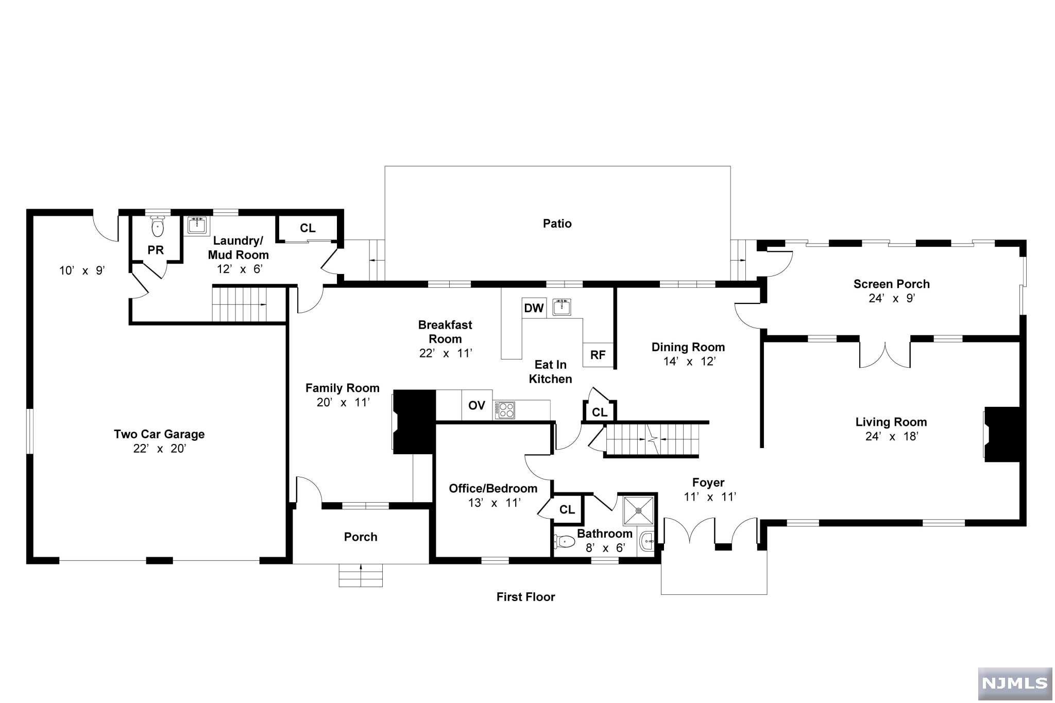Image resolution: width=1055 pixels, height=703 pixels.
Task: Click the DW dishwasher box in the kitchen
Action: pos(534,308)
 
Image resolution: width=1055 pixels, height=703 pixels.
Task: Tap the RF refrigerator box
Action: pos(598,355)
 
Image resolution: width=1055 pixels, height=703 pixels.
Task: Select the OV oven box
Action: pos(477,405)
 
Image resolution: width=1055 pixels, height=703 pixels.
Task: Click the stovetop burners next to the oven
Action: pos(504,410)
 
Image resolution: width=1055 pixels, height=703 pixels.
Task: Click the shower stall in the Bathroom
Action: pos(638,510)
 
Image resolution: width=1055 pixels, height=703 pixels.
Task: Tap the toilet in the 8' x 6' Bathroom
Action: pos(565,541)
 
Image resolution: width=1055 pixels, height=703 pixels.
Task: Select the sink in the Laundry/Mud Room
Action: pos(196,225)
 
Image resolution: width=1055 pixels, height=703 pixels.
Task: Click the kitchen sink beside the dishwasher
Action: pos(561,307)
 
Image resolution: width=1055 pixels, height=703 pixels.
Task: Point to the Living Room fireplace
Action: pos(1001,434)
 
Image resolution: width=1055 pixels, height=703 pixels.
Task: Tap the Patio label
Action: pos(557,224)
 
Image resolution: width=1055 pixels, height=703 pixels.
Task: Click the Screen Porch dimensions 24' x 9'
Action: pos(891,298)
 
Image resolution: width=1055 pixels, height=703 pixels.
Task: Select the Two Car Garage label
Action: pos(159,434)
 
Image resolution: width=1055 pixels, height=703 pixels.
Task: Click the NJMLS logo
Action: pos(1014,683)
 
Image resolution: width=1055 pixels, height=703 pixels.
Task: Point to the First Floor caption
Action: pos(525,597)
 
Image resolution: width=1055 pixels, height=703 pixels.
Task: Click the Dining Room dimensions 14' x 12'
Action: pos(689,362)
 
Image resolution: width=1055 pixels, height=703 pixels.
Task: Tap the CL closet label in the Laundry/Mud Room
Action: pos(308,228)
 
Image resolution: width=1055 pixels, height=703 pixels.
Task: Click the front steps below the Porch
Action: pos(361,575)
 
